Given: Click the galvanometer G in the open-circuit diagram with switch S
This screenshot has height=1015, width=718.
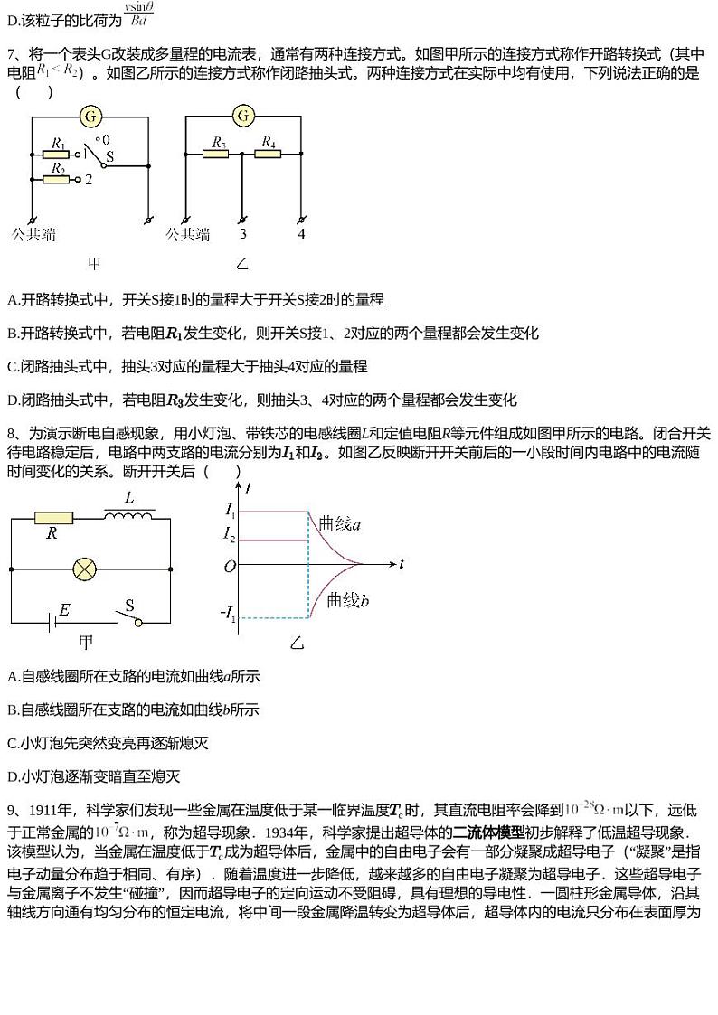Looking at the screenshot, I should coord(90,116).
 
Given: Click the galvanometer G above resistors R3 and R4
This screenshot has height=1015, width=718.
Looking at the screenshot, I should coord(243,116).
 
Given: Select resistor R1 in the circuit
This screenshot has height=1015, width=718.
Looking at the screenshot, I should coord(58,154).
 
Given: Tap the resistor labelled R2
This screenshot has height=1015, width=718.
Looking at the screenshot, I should coord(58,179).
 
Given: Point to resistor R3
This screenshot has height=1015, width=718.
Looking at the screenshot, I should coord(217,154).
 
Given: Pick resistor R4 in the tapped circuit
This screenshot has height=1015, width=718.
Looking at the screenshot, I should coord(269,154).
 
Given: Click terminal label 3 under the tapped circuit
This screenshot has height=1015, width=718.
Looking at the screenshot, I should coord(242,234).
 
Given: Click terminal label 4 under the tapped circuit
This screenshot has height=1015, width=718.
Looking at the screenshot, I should coord(301,234).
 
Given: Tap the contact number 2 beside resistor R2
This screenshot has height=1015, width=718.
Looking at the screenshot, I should coord(89,180).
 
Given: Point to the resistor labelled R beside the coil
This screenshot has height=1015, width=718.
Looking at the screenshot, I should coord(52,518).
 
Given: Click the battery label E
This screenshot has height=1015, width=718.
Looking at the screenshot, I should coord(64,610).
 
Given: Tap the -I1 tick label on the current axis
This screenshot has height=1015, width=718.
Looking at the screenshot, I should coord(227,618).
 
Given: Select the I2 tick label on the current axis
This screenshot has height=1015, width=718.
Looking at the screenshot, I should coord(230,535).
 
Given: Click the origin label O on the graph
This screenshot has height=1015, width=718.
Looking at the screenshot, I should coord(230,566).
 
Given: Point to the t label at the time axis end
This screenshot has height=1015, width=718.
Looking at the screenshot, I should coord(401,565).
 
